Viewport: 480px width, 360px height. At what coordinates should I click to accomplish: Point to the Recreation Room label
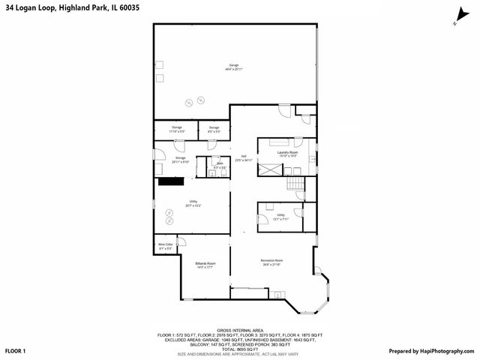coord(271,262)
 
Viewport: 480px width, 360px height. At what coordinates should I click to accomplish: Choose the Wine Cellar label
coord(166,245)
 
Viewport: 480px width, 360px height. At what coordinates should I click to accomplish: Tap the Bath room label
coord(220,165)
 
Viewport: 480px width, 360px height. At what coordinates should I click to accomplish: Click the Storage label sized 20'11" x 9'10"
coord(181,159)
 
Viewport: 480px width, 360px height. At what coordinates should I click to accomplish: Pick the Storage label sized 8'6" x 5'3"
coord(214,129)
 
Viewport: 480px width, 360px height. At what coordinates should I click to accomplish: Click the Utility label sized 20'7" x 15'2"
coord(193,203)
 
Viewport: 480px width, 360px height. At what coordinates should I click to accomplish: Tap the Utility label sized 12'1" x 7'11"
coord(280,216)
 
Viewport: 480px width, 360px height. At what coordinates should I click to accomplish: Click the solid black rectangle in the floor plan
coord(170,181)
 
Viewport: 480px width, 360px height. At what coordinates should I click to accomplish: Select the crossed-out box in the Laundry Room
coord(269,168)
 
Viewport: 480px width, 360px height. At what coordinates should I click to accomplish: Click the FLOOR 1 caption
coord(15,351)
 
